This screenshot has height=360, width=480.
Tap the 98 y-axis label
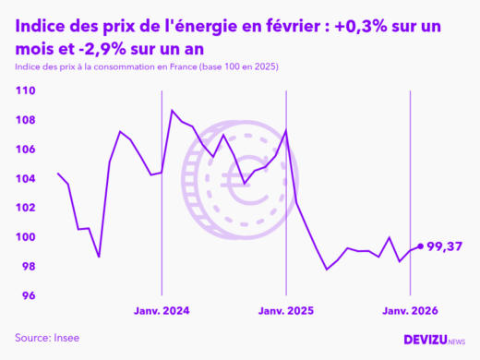[28, 267]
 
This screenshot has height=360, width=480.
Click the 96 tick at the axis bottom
[28, 296]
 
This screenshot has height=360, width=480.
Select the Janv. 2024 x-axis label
[162, 312]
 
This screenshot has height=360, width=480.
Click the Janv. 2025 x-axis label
[286, 312]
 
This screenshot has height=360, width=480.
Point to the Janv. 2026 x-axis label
[410, 312]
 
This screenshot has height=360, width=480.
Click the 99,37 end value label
[449, 246]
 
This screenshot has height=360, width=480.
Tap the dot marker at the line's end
[421, 246]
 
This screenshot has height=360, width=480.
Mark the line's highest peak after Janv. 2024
[172, 111]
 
